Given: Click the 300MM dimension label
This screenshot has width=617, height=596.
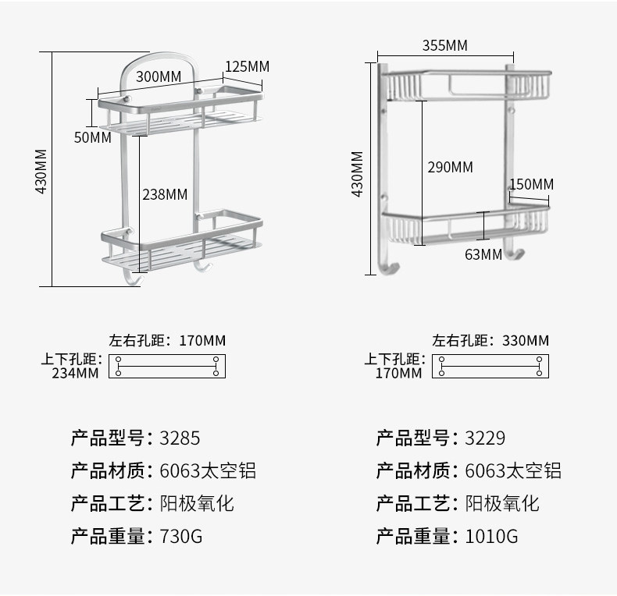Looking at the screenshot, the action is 159,76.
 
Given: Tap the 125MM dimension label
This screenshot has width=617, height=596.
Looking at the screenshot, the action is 247,66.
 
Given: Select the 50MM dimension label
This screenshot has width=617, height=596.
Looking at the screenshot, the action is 92,138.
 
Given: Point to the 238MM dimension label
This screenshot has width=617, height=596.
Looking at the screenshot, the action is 165,194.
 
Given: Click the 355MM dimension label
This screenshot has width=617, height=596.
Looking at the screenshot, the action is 444,45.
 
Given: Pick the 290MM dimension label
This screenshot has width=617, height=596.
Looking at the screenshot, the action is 450,167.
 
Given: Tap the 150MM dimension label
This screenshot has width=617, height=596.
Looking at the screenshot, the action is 531,184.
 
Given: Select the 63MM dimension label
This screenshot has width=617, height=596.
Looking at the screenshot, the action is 483,254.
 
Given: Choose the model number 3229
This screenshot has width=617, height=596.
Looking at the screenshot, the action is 485,438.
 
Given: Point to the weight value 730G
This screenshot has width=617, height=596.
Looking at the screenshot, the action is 180,537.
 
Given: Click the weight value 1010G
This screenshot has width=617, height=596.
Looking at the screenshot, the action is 491,537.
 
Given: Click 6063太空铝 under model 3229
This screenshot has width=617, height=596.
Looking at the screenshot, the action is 512,470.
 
